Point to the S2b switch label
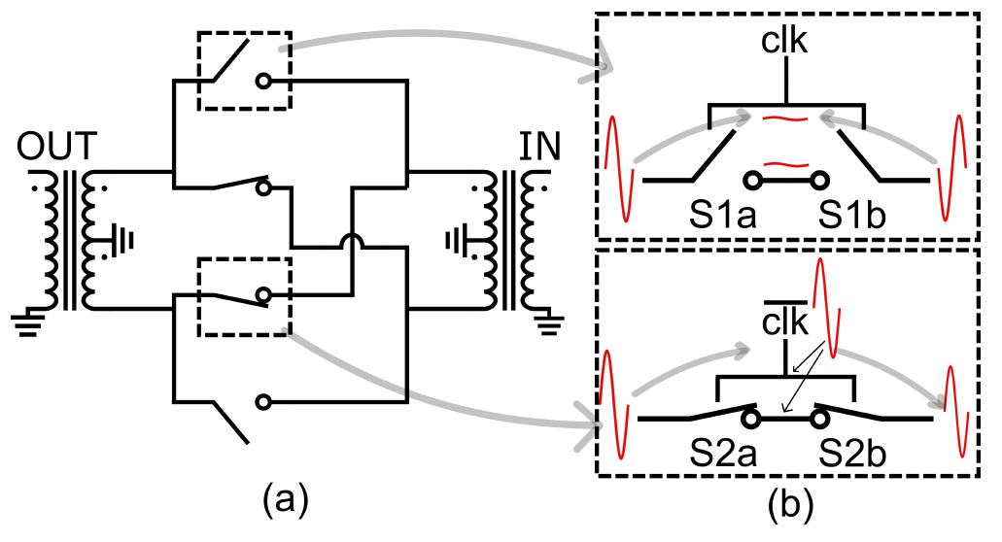(853, 452)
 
